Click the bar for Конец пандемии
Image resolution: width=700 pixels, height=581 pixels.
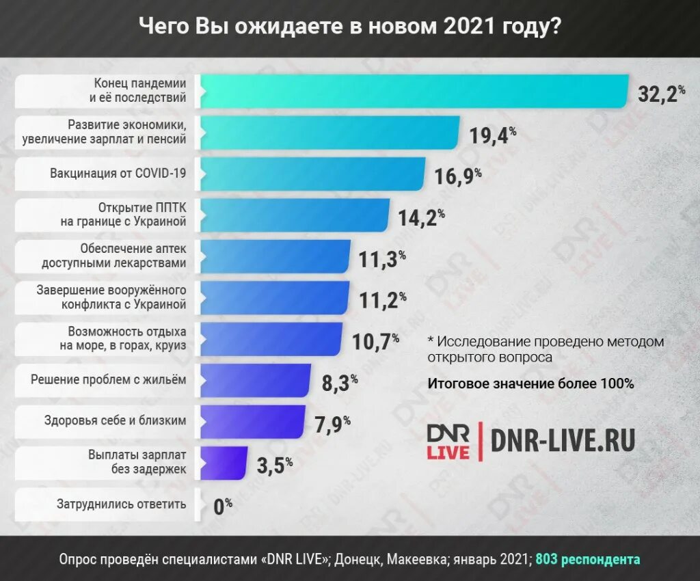pyautogui.click(x=414, y=91)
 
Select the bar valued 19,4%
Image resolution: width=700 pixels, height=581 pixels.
pyautogui.click(x=329, y=133)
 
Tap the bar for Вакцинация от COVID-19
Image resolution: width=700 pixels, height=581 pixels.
pyautogui.click(x=312, y=174)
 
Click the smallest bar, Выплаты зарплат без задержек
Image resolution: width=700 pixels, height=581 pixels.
pyautogui.click(x=223, y=463)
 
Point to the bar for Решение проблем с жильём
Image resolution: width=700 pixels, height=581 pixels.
pyautogui.click(x=255, y=380)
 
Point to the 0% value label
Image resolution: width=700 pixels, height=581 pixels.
pyautogui.click(x=223, y=506)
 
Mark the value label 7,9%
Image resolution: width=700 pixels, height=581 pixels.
pyautogui.click(x=332, y=424)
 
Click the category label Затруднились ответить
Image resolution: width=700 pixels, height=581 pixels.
pyautogui.click(x=122, y=504)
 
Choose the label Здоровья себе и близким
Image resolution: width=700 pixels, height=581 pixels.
pyautogui.click(x=115, y=421)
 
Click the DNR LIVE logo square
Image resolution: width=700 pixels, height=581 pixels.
pyautogui.click(x=448, y=442)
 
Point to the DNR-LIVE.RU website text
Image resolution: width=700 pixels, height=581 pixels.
pyautogui.click(x=563, y=441)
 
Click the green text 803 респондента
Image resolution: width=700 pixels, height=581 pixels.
pyautogui.click(x=588, y=559)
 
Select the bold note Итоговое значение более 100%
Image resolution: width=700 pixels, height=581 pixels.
pyautogui.click(x=530, y=383)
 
